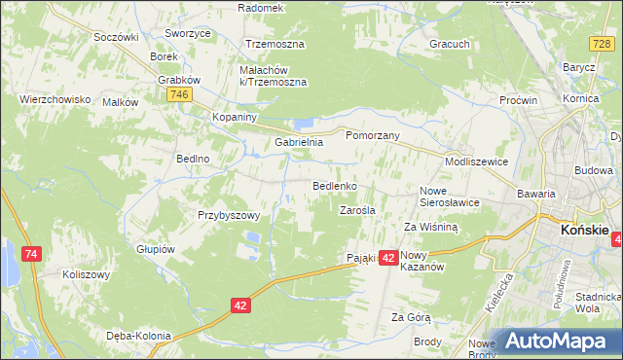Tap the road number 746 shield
coord(177,94)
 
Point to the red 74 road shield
coord(33,254)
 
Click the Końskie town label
coord(585,230)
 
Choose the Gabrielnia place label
coord(298,142)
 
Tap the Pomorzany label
coord(374,136)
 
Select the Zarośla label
coord(357,209)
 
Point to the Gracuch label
coord(450,44)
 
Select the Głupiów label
coord(155,248)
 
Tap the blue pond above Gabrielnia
coord(305,124)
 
